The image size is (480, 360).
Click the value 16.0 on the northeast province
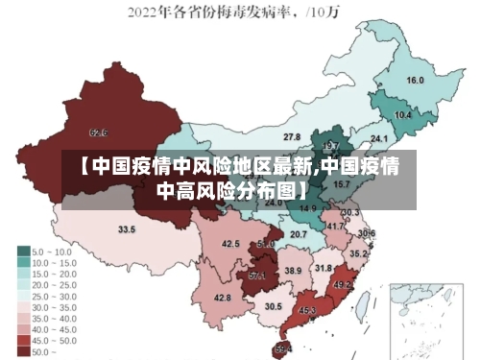415,81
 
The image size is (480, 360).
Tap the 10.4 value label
403,115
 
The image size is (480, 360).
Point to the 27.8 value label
292,137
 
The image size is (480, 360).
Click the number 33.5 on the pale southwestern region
127,230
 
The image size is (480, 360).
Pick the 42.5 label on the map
231,245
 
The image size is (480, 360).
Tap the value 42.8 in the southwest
222,299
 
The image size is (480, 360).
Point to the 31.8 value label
324,268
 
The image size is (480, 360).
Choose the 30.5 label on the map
274,307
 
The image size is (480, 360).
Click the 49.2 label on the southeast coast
342,285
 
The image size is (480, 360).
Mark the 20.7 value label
299,234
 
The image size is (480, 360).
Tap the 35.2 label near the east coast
357,254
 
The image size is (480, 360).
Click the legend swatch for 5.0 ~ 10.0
24,251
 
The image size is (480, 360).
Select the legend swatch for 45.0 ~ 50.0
24,341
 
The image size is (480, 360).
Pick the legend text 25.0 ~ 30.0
55,296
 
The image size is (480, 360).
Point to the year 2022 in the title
144,13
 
